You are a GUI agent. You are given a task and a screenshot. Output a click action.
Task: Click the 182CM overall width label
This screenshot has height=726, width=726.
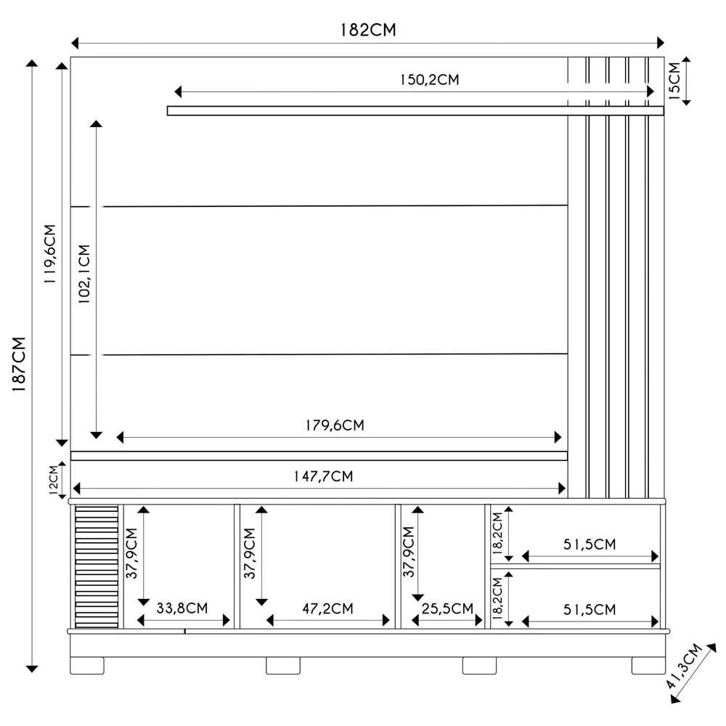pyautogui.click(x=368, y=30)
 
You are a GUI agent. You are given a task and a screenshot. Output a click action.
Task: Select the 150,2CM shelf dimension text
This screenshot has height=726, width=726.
pyautogui.click(x=429, y=80)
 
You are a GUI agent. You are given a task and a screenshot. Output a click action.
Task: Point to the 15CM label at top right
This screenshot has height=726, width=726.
pyautogui.click(x=673, y=80)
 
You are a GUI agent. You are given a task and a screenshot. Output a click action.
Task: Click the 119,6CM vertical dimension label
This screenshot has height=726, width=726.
pyautogui.click(x=49, y=253)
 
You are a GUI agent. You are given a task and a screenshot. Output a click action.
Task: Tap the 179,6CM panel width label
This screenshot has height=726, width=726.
pyautogui.click(x=334, y=425)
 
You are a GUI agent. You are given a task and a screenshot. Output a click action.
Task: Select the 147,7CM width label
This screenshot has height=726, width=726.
pyautogui.click(x=323, y=476)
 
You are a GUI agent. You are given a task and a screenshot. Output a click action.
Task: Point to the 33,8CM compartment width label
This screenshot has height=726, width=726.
pyautogui.click(x=182, y=608)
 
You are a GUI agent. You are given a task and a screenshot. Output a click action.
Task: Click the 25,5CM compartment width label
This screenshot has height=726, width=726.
pyautogui.click(x=446, y=608)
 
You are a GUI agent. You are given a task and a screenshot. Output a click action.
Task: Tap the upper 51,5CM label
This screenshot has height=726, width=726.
pyautogui.click(x=590, y=544)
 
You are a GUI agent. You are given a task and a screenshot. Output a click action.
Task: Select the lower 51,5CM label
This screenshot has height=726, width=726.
pyautogui.click(x=590, y=609)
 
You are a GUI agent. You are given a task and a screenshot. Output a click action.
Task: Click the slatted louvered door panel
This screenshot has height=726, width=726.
pyautogui.click(x=97, y=566)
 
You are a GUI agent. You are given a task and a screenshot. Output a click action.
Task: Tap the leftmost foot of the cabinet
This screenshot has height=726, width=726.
pyautogui.click(x=87, y=665)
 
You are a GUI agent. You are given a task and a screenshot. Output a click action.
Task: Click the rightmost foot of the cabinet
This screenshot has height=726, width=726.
pyautogui.click(x=648, y=665)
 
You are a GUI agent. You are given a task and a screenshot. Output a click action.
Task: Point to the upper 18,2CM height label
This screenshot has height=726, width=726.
pyautogui.click(x=497, y=534)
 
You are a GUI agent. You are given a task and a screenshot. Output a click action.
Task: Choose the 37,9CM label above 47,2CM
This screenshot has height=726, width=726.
pyautogui.click(x=249, y=553)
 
